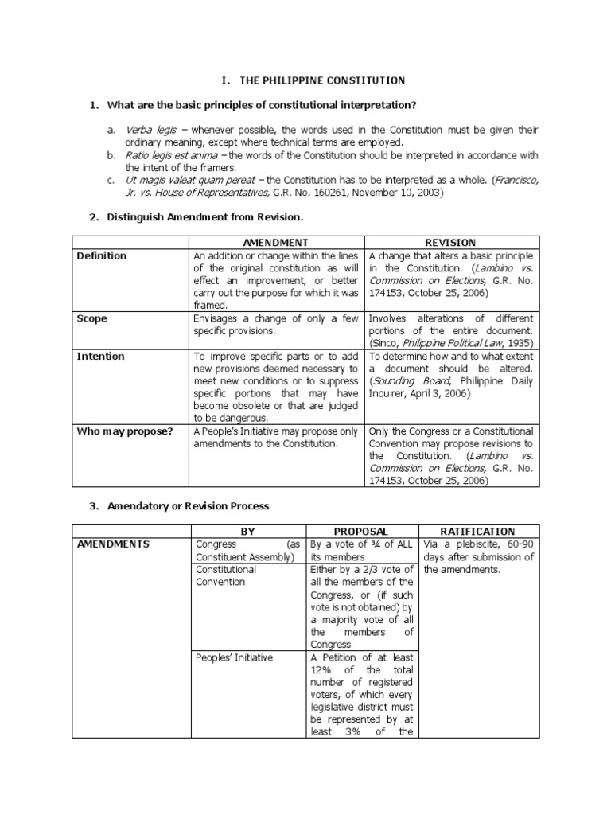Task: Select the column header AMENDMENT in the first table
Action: (276, 242)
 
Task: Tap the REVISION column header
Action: (451, 242)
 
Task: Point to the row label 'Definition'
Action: (101, 255)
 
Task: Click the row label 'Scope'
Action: (91, 318)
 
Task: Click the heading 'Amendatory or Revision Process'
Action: (189, 505)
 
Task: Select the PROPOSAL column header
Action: (361, 531)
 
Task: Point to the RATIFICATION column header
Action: (477, 531)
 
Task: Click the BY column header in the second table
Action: (247, 531)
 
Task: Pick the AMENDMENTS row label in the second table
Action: (113, 544)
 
